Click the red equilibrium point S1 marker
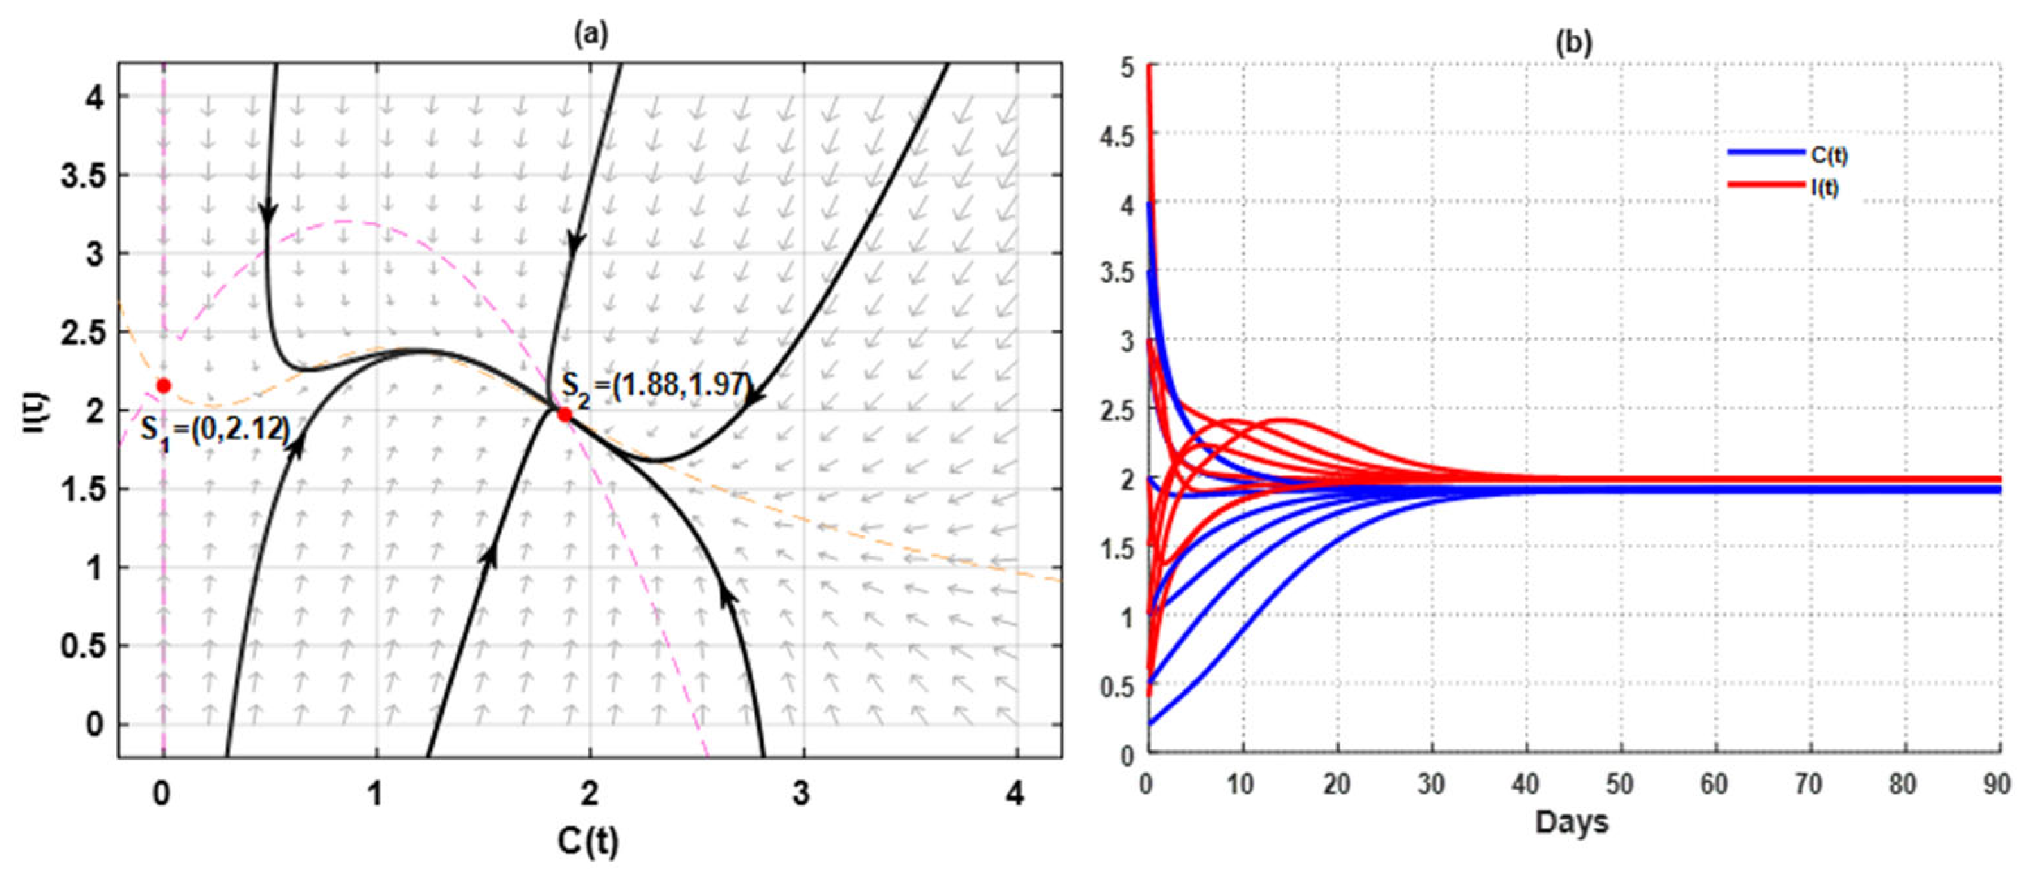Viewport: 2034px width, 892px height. [x=164, y=386]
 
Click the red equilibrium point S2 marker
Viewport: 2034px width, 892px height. [x=565, y=414]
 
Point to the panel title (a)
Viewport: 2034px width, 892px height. [x=591, y=34]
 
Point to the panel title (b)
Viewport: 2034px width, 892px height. [x=1574, y=42]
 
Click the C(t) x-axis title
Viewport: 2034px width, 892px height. [x=588, y=842]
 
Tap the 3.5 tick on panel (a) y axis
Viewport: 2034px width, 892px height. [x=83, y=175]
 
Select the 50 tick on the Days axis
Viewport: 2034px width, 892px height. [x=1620, y=785]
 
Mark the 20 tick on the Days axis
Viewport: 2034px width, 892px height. [x=1337, y=785]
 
